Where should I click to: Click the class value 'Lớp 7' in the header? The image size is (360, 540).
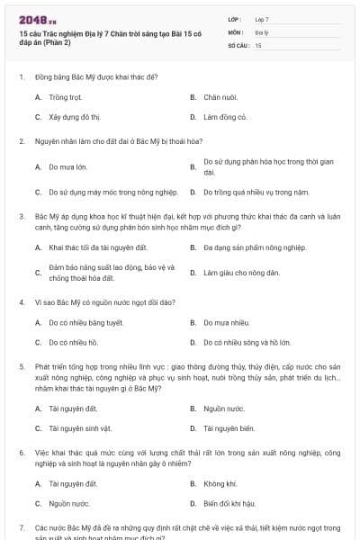[x=262, y=19]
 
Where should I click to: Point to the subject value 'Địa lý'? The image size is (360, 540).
[x=261, y=31]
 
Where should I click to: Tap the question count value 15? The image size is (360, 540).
[x=258, y=44]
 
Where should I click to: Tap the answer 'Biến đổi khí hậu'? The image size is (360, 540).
[x=229, y=504]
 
